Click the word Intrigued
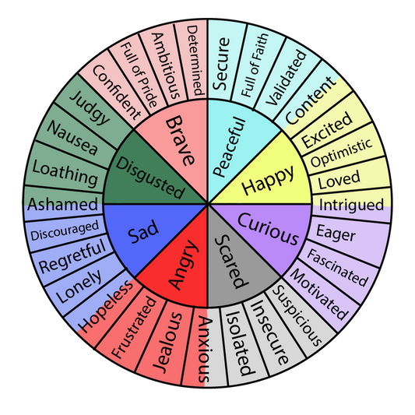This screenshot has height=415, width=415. coord(350,206)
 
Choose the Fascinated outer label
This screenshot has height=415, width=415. coord(337,265)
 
